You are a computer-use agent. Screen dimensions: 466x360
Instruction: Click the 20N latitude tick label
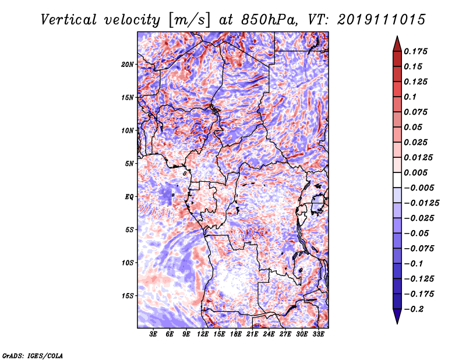[x=128, y=65]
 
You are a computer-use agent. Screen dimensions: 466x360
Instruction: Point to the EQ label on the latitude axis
[x=129, y=197]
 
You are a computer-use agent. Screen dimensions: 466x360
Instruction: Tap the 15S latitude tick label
[x=128, y=296]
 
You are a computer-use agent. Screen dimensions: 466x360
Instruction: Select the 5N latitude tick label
[x=129, y=164]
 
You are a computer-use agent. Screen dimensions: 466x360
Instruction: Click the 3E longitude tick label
[x=153, y=334]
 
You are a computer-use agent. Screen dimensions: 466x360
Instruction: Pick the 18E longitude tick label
[x=236, y=334]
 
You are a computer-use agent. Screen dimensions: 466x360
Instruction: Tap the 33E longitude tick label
[x=318, y=334]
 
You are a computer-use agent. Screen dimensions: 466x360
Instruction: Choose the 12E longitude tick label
[x=203, y=334]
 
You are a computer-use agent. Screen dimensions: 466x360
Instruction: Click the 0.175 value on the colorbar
[x=415, y=51]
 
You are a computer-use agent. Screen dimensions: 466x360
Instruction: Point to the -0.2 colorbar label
[x=414, y=309]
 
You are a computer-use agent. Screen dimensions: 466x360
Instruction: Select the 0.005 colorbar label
[x=415, y=172]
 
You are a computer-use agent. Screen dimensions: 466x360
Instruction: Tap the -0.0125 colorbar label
[x=421, y=203]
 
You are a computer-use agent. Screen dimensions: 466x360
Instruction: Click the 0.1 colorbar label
[x=410, y=97]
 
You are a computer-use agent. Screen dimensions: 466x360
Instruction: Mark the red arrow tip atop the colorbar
[x=397, y=37]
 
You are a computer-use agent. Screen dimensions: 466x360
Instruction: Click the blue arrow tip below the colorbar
[x=397, y=323]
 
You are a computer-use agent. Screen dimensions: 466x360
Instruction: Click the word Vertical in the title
[x=69, y=20]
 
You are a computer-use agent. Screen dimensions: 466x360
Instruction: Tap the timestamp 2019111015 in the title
[x=382, y=20]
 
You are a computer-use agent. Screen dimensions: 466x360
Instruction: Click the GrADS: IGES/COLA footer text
[x=33, y=355]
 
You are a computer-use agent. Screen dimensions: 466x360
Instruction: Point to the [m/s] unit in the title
[x=189, y=20]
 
